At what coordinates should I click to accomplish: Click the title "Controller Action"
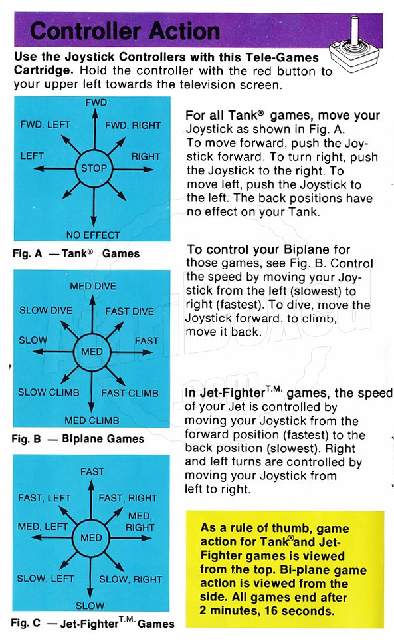[x=125, y=31]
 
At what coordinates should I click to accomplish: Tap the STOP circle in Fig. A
[x=94, y=168]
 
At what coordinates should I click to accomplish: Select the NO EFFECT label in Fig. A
[x=93, y=235]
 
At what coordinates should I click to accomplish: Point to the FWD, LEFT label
[x=45, y=124]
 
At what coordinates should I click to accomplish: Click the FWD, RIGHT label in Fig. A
[x=133, y=126]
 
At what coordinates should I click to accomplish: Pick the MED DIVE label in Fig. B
[x=93, y=286]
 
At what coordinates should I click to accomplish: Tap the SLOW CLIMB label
[x=49, y=392]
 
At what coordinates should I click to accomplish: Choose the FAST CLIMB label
[x=130, y=393]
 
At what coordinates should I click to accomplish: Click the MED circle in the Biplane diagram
[x=92, y=352]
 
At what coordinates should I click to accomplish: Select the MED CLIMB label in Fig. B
[x=92, y=420]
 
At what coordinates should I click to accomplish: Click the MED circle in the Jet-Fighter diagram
[x=91, y=538]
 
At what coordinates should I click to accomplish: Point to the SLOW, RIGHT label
[x=131, y=579]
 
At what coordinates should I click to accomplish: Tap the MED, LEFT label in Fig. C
[x=43, y=527]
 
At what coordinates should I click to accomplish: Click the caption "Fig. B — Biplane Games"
[x=78, y=439]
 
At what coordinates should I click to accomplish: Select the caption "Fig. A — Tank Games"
[x=76, y=253]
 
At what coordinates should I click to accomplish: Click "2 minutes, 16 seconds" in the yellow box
[x=266, y=611]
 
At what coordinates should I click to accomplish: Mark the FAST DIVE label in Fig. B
[x=130, y=311]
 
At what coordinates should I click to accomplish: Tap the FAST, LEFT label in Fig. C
[x=45, y=498]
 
